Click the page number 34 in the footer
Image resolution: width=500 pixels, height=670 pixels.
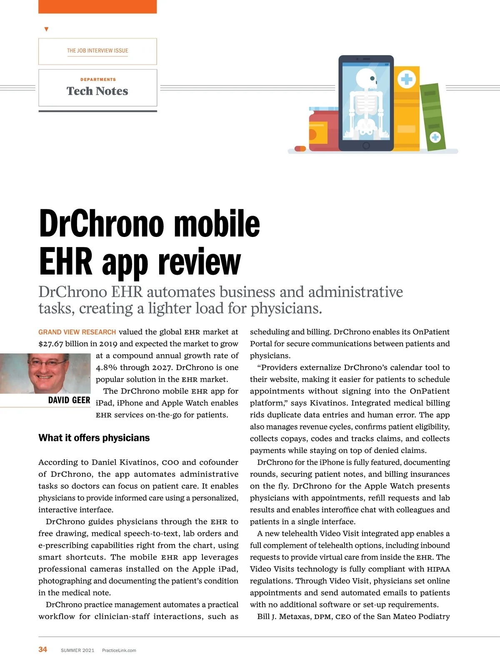[42, 649]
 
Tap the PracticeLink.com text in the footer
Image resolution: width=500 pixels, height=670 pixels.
[119, 650]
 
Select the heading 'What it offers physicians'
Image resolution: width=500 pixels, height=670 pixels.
[94, 438]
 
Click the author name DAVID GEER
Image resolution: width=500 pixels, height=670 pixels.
[69, 400]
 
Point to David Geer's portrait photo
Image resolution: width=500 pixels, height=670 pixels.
[45, 373]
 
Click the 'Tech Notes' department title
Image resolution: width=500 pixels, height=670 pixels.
[97, 91]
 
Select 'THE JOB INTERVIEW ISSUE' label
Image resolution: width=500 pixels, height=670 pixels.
[97, 50]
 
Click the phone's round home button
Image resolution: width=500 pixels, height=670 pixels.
[366, 146]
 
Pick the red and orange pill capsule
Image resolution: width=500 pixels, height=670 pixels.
[300, 149]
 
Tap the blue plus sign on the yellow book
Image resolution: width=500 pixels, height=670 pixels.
[407, 79]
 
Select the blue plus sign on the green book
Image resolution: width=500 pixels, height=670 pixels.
[435, 137]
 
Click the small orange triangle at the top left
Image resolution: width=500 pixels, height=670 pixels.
[46, 29]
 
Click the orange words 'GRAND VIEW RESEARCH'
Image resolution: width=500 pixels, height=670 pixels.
[77, 332]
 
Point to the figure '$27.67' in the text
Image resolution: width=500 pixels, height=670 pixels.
[51, 344]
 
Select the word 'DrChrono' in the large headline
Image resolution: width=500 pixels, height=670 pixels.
[102, 224]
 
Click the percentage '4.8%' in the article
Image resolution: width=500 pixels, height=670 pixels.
[107, 368]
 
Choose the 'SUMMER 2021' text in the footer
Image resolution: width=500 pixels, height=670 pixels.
[77, 650]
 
